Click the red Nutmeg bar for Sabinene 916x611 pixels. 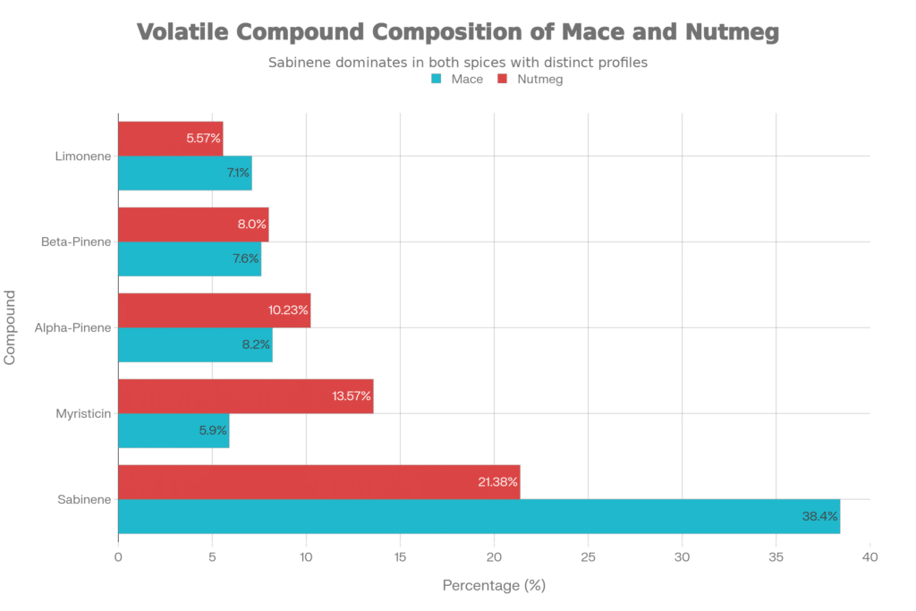point(318,481)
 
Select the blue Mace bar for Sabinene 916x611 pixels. point(479,516)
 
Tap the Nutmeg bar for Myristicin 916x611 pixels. point(245,395)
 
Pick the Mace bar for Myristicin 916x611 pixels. point(174,430)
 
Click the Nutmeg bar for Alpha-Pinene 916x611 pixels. point(214,310)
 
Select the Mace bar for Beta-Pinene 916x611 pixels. point(189,259)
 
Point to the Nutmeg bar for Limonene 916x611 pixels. point(170,138)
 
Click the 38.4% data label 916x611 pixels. point(819,516)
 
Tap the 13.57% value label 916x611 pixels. point(352,395)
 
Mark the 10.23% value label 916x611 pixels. point(288,310)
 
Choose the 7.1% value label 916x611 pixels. point(237,173)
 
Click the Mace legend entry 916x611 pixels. point(458,80)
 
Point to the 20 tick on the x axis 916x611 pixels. point(494,557)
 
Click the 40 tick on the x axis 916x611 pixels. point(869,557)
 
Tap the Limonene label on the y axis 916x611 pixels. point(82,156)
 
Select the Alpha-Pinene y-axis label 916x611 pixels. point(73,327)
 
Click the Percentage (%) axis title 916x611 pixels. point(493,586)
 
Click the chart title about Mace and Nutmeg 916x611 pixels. point(457,33)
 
